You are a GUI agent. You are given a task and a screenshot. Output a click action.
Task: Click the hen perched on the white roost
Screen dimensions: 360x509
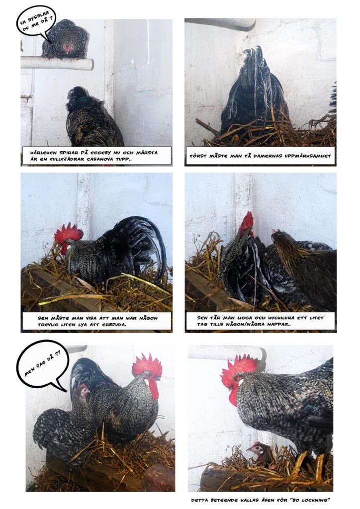point(66,39)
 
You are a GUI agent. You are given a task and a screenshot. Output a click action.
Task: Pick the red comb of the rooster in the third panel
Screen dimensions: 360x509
point(68,234)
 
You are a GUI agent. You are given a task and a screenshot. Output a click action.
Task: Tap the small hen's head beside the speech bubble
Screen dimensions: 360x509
point(85,391)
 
